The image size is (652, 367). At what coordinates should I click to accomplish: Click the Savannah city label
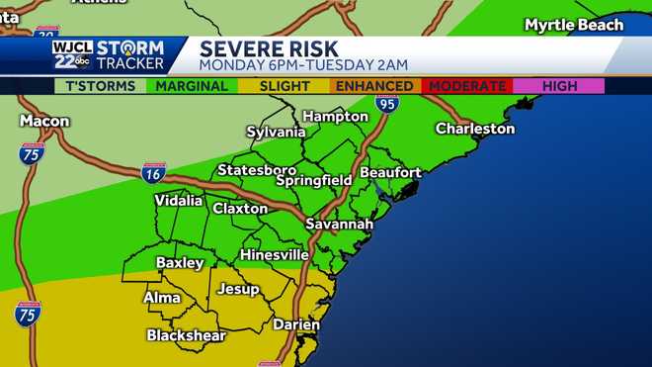[x=338, y=225]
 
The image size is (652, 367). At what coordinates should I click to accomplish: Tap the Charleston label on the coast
[x=475, y=129]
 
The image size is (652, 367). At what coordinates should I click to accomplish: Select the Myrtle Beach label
[x=574, y=25]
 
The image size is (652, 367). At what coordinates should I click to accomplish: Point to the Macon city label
[x=43, y=121]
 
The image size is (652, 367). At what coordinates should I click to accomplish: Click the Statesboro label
[x=257, y=170]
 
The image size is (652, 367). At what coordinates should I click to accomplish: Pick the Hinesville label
[x=275, y=254]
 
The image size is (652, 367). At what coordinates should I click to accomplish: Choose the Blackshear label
[x=188, y=335]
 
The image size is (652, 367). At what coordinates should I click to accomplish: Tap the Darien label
[x=296, y=324]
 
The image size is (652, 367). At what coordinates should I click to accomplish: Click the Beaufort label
[x=390, y=172]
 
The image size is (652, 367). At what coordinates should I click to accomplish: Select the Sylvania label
[x=276, y=132]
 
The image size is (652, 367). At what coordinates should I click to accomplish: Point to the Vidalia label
[x=179, y=201]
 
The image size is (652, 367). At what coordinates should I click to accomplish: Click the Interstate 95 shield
[x=385, y=103]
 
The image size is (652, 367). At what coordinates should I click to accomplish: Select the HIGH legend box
[x=559, y=86]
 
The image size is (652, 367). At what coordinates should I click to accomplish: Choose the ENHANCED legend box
[x=374, y=86]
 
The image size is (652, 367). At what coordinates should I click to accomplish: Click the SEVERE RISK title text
[x=269, y=48]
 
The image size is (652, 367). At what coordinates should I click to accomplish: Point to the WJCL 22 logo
[x=73, y=55]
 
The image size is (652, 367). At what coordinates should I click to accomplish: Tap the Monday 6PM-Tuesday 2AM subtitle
[x=303, y=65]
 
